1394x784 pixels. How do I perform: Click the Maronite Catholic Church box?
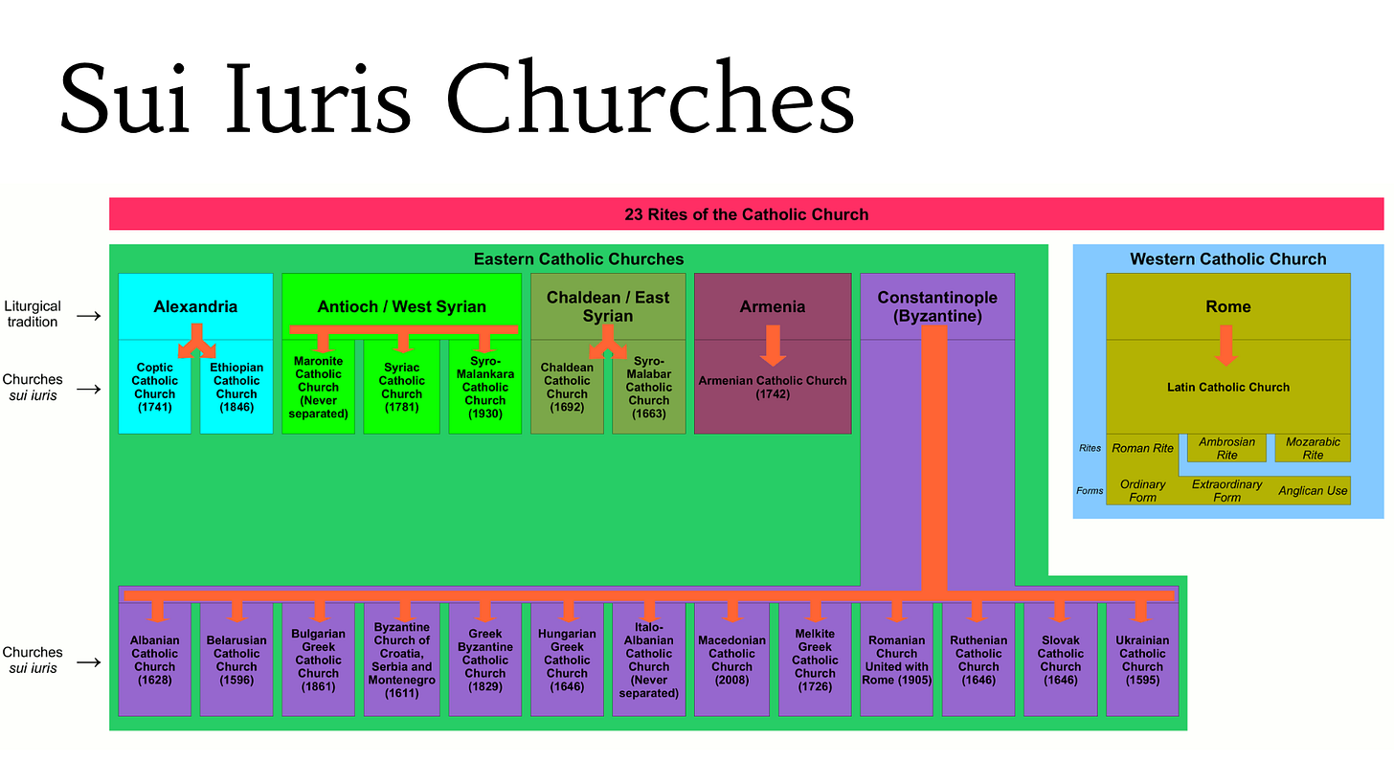(x=318, y=387)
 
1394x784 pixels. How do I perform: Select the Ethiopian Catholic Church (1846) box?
(x=236, y=387)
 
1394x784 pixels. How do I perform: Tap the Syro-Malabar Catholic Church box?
(x=649, y=387)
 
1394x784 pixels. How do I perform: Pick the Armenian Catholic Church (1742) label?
(x=773, y=387)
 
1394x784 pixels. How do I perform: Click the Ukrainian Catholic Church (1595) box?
(x=1142, y=660)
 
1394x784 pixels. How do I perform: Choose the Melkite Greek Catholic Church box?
(x=815, y=660)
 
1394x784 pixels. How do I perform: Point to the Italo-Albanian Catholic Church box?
(x=649, y=660)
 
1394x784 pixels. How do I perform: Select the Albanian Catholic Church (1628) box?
(x=154, y=660)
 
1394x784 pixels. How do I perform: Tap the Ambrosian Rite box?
(x=1226, y=448)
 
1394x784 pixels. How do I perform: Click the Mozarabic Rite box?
(x=1313, y=448)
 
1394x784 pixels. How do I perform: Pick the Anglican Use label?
(x=1313, y=491)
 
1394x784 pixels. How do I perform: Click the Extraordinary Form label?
(x=1226, y=491)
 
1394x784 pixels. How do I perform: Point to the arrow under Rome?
(x=1225, y=346)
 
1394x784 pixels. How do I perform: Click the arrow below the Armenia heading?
(x=773, y=346)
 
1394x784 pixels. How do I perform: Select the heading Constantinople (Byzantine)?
(x=937, y=306)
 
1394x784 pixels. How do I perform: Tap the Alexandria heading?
(x=195, y=306)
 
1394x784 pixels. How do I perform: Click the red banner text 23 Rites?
(x=746, y=214)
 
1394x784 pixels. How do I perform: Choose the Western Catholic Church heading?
(x=1227, y=258)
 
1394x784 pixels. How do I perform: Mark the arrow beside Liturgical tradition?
(x=89, y=315)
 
